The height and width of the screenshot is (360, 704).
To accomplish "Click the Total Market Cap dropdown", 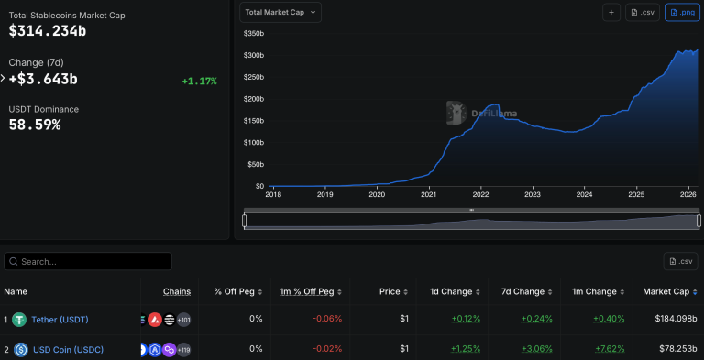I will (x=280, y=12).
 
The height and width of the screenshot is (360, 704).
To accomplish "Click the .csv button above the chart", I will (x=643, y=12).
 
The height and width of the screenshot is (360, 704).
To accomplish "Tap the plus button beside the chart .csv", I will (x=611, y=12).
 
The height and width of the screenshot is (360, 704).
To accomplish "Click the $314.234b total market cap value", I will (x=48, y=31).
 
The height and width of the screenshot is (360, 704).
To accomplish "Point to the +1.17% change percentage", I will (x=199, y=81).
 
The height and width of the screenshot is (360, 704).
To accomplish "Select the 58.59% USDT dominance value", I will (x=35, y=124).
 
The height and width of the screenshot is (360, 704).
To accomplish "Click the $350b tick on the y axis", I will (x=254, y=34).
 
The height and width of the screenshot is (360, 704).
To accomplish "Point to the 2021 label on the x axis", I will (x=428, y=194).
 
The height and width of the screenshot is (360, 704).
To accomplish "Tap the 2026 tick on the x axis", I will (x=687, y=194).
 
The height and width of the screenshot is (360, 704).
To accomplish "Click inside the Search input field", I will (x=92, y=261).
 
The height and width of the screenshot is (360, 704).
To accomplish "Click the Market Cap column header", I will (x=670, y=291).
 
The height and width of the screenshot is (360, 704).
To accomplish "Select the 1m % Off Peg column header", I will (x=312, y=291).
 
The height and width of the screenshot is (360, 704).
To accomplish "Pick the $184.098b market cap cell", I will (x=675, y=319).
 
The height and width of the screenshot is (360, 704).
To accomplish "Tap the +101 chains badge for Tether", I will (x=183, y=319).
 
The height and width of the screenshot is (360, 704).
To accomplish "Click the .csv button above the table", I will (x=681, y=261).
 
